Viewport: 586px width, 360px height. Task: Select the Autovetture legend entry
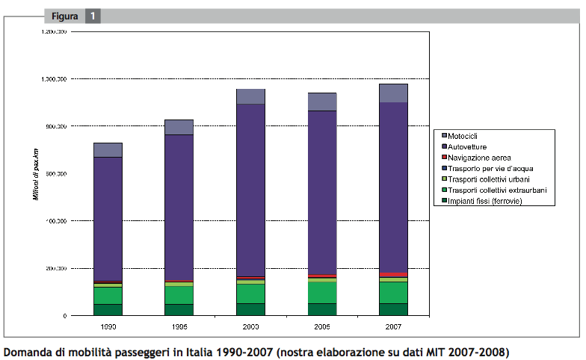pyautogui.click(x=472, y=147)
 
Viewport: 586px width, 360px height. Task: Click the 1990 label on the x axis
pyautogui.click(x=108, y=327)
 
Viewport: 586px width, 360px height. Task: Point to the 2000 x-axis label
pyautogui.click(x=250, y=327)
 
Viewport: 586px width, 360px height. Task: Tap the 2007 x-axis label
pyautogui.click(x=393, y=327)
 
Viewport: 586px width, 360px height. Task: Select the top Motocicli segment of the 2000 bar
pyautogui.click(x=250, y=96)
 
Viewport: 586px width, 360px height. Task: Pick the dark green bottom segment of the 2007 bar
pyautogui.click(x=393, y=309)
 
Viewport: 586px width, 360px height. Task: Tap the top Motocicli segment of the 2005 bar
pyautogui.click(x=322, y=102)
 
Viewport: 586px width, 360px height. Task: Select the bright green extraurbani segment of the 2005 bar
pyautogui.click(x=322, y=292)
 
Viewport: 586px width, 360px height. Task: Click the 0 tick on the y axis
pyautogui.click(x=64, y=316)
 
